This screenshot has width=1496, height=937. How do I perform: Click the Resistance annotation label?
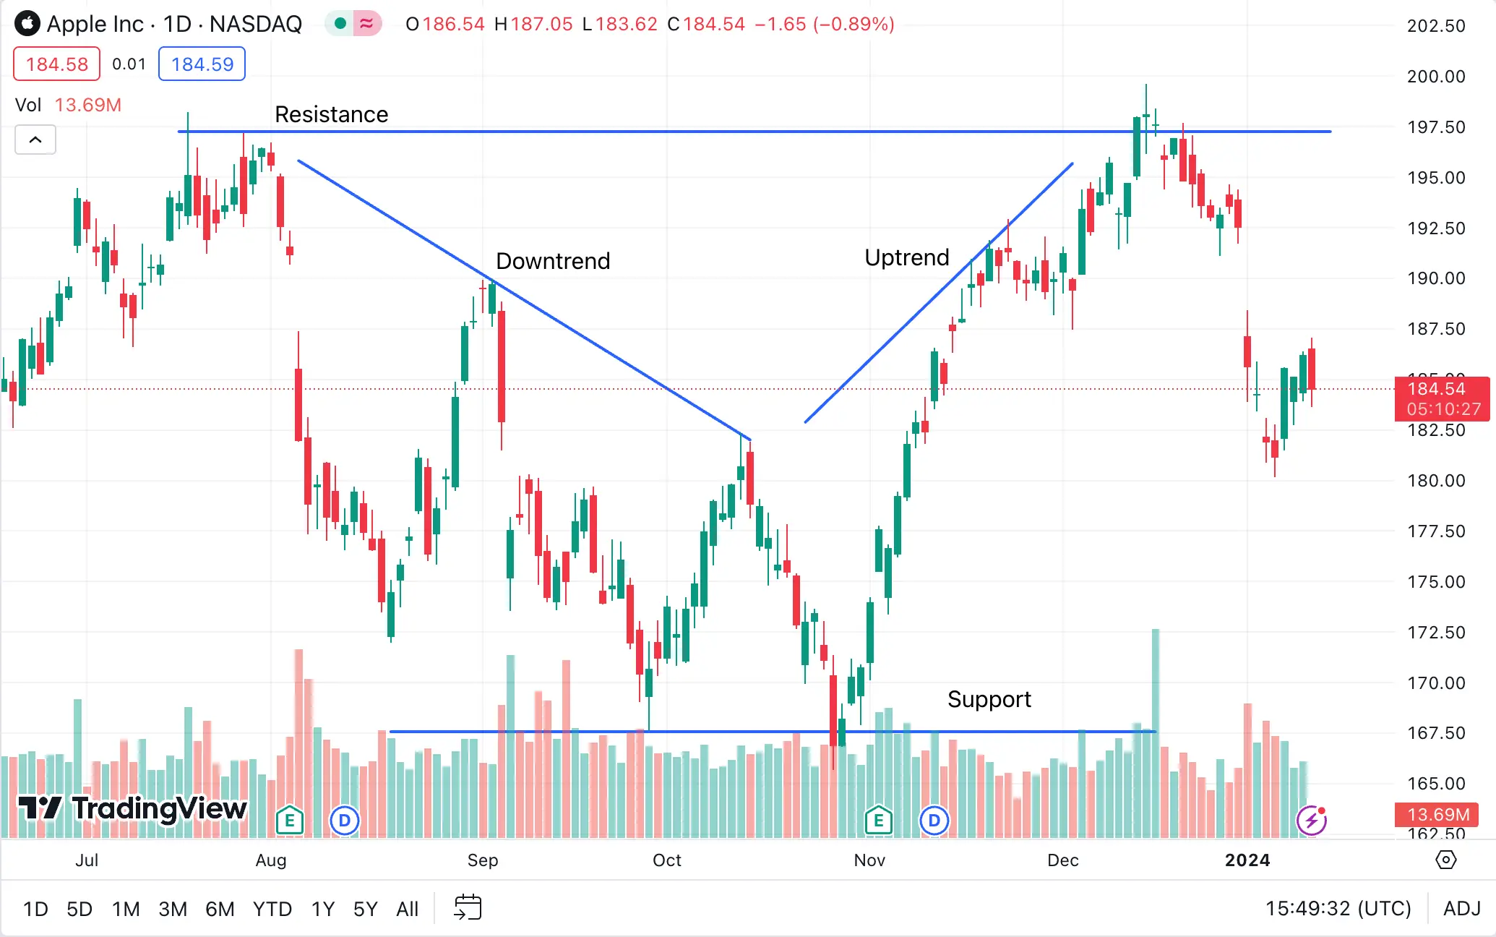[331, 114]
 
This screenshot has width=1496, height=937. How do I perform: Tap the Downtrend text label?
[553, 261]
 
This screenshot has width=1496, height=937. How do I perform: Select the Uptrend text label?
[906, 257]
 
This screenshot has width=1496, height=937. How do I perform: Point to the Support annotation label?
[989, 699]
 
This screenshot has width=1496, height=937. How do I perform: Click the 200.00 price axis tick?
[1435, 77]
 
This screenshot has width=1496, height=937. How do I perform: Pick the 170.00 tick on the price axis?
[1435, 683]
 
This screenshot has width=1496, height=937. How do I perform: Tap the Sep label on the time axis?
[483, 860]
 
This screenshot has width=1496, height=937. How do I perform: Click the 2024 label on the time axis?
[1247, 860]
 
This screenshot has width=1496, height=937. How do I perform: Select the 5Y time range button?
[365, 909]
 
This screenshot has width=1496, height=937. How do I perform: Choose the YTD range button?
[272, 909]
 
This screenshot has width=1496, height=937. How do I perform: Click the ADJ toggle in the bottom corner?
[1461, 909]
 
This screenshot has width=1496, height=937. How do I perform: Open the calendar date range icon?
[468, 907]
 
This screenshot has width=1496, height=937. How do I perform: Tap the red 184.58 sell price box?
[56, 64]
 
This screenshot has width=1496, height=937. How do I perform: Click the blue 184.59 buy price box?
[202, 64]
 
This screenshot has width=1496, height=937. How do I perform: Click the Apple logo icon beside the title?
[27, 24]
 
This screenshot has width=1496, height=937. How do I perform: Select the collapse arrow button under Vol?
[35, 140]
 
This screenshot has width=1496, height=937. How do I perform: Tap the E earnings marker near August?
[289, 821]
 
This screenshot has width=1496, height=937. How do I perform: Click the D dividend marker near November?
[934, 821]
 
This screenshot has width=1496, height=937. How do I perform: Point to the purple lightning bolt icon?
[1311, 821]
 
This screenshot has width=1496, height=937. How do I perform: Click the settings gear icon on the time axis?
[1445, 860]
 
